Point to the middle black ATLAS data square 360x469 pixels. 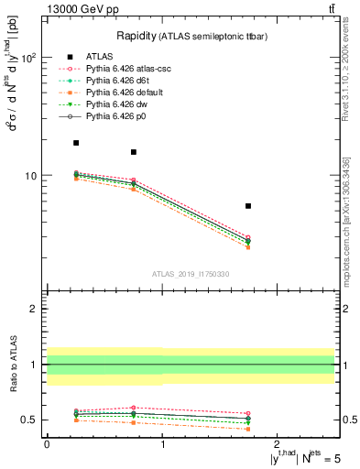coord(134,152)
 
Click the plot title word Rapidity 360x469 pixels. coord(136,36)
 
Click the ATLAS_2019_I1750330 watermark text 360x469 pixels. coord(191,274)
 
